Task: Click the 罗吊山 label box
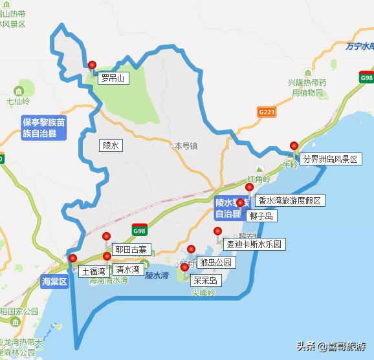113,79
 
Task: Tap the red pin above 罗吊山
92,65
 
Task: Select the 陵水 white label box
111,145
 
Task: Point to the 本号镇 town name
186,146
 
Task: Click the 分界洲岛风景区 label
330,159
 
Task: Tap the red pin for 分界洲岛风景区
294,146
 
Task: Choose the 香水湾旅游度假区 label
289,200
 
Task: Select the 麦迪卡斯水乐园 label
254,245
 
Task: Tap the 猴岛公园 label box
217,262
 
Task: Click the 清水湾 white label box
127,269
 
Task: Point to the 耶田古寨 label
131,249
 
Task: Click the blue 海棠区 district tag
54,282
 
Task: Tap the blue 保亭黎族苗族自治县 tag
43,127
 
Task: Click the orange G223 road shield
267,112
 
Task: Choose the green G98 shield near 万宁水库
366,78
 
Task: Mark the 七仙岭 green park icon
18,90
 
